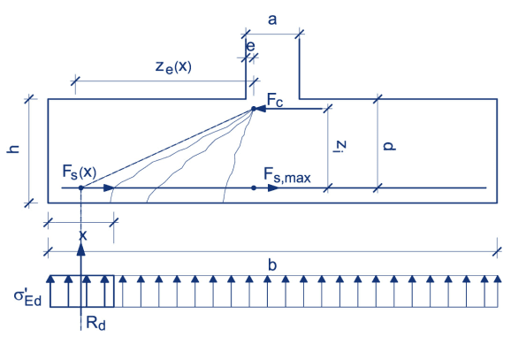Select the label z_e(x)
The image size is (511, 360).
[x=173, y=66]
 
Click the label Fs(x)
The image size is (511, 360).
[x=80, y=171]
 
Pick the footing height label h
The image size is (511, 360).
[x=13, y=151]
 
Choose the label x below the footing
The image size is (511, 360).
[x=81, y=234]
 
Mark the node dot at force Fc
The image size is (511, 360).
[x=254, y=109]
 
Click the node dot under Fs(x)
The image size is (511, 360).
[x=80, y=188]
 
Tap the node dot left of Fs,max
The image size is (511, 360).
[x=254, y=188]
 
